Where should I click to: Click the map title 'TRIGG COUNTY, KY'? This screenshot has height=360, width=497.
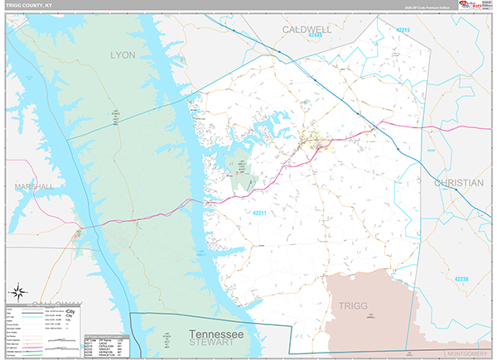[29, 6]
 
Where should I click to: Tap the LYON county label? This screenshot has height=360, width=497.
[123, 55]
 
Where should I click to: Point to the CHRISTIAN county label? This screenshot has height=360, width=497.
[458, 182]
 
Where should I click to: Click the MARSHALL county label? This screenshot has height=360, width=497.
[34, 187]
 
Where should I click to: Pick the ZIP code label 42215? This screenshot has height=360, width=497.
[403, 30]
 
